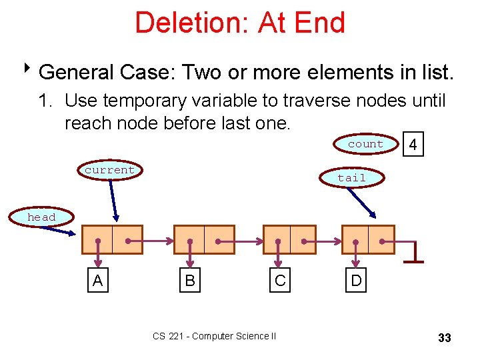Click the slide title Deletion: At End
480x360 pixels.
click(x=240, y=23)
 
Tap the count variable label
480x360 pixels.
click(x=365, y=144)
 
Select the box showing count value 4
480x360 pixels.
click(x=413, y=145)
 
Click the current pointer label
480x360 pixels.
click(x=109, y=170)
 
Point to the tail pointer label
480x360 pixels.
click(x=351, y=178)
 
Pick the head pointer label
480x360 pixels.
click(x=41, y=217)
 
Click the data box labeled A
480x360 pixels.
click(x=98, y=281)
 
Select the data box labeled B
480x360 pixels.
click(x=190, y=281)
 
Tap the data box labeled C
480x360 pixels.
click(x=280, y=281)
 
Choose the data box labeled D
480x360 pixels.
click(x=356, y=281)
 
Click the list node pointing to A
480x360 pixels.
click(x=112, y=240)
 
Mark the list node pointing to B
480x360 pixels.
click(x=204, y=240)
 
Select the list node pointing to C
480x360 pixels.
click(x=289, y=240)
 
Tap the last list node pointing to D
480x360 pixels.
click(x=368, y=240)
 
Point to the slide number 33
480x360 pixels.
click(x=444, y=338)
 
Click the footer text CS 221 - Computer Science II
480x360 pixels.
click(x=214, y=336)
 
